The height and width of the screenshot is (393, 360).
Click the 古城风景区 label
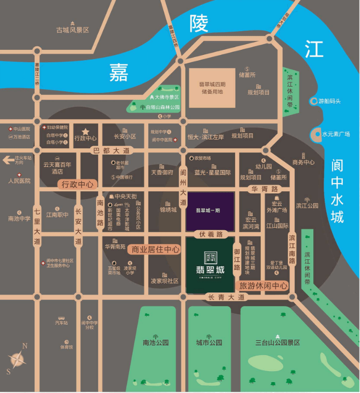coord(73,30)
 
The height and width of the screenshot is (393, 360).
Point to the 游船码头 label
coord(329,101)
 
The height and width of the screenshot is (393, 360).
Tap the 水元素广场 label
coord(336,134)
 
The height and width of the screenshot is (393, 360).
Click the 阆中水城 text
coord(338,192)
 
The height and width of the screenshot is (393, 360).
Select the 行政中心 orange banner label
coord(77,184)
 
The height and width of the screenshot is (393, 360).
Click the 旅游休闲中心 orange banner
coord(264,286)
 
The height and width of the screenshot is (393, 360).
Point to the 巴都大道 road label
coord(112,150)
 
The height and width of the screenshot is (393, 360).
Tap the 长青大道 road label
coord(226,298)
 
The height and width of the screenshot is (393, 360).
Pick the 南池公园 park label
coord(156,343)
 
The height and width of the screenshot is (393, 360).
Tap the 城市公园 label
coord(209,343)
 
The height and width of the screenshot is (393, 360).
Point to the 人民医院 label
coord(19,181)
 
